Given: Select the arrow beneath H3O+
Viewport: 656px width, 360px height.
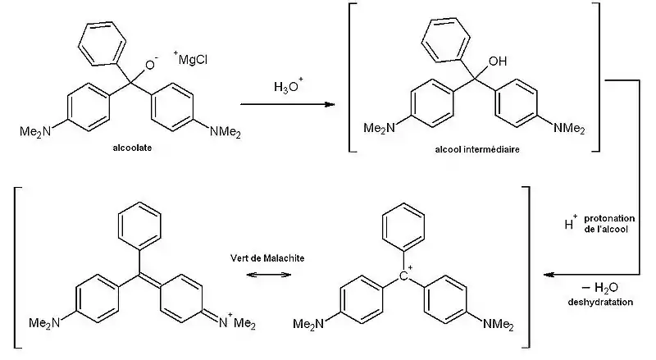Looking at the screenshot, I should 288,105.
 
